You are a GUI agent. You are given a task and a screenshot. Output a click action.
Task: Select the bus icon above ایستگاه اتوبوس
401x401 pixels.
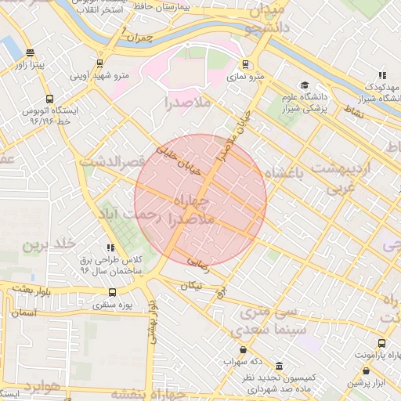(50, 99)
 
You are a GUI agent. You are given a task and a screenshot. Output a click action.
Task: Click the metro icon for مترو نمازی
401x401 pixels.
(247, 65)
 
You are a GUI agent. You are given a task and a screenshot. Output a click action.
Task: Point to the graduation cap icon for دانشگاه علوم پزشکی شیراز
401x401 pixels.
(304, 85)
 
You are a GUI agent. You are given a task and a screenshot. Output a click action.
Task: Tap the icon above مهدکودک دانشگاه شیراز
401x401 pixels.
(381, 75)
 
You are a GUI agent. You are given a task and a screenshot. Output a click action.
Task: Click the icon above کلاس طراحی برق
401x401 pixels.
(110, 247)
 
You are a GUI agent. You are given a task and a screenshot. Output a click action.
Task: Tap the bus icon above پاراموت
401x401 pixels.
(381, 343)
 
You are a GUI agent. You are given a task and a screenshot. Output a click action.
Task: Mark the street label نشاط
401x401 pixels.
(354, 112)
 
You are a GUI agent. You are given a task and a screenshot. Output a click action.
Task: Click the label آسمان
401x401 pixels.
(24, 312)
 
